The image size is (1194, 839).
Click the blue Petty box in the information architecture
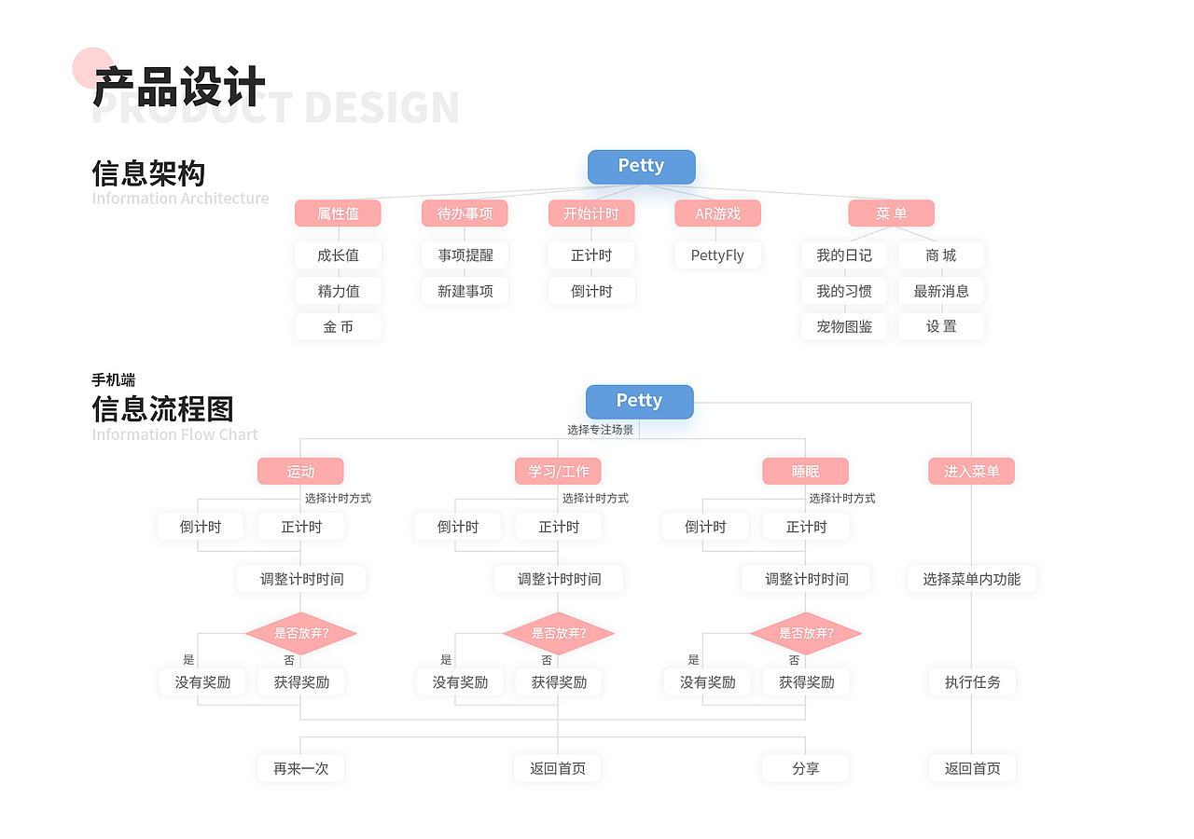pos(641,167)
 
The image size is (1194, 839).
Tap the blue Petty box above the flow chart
pos(639,402)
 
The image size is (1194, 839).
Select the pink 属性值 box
pos(338,213)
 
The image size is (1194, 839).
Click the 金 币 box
pos(338,326)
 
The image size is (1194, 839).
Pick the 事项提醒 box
pos(465,254)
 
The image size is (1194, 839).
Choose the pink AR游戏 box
pos(717,213)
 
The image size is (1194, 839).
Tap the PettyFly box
pos(717,254)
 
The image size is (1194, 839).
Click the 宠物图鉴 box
pos(844,326)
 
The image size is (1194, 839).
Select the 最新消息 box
pos(940,291)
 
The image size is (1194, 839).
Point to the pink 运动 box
pos(300,471)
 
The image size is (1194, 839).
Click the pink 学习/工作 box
pos(558,471)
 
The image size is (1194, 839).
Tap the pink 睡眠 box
pos(805,471)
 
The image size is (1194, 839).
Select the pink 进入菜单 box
pos(971,471)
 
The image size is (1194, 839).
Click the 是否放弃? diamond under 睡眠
pos(805,634)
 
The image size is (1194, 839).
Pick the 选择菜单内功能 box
pos(971,579)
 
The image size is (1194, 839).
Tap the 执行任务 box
pos(971,681)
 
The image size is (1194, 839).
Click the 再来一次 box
pos(300,768)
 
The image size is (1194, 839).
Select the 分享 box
pos(805,768)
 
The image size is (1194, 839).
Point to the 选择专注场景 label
pos(600,430)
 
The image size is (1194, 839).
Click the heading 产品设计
pos(179,88)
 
